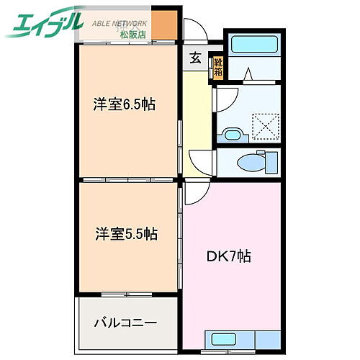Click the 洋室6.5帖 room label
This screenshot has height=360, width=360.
point(125,104)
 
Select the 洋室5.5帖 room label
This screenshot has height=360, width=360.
point(125,234)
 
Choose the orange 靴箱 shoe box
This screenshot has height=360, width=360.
point(217,67)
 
